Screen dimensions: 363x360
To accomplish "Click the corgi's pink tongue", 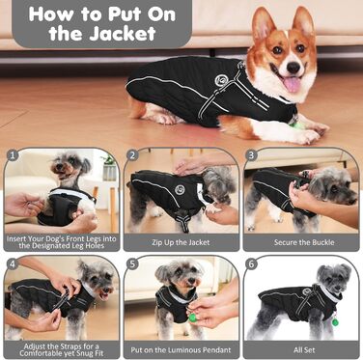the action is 293,85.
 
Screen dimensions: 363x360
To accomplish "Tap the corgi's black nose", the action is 293,68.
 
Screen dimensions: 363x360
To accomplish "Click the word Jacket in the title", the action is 123,34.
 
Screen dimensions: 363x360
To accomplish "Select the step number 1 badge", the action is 13,155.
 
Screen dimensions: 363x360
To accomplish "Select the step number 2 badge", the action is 132,155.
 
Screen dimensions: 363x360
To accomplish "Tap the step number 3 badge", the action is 251,155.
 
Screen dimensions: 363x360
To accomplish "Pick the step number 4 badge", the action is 13,263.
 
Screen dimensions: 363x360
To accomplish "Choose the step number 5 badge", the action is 132,263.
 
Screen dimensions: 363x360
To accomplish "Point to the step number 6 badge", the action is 251,263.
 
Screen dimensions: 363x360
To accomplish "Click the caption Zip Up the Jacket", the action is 181,242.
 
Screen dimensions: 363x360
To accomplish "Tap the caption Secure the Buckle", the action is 304,242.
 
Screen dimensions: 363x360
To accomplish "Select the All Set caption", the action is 304,349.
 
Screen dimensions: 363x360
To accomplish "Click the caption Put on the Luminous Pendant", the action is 181,349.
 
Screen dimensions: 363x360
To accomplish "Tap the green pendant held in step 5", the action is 192,318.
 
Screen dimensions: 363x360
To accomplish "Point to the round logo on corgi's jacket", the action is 221,79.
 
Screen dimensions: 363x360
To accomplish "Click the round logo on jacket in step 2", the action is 180,189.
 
